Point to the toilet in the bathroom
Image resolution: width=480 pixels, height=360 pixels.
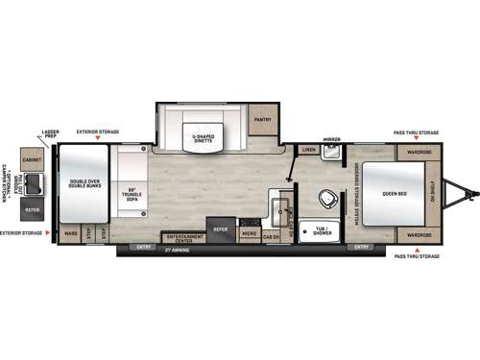pos(326,200)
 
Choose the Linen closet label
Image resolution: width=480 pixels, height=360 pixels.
pos(308,151)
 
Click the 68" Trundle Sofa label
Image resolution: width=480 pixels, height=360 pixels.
pos(135,192)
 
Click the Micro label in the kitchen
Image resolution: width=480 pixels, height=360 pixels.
pos(247,233)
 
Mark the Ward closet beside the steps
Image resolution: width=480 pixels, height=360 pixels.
pos(70,233)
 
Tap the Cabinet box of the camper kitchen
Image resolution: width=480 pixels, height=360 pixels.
pos(31,160)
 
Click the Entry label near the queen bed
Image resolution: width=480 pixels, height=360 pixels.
pos(362,247)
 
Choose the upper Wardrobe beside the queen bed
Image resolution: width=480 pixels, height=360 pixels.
pos(418,151)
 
